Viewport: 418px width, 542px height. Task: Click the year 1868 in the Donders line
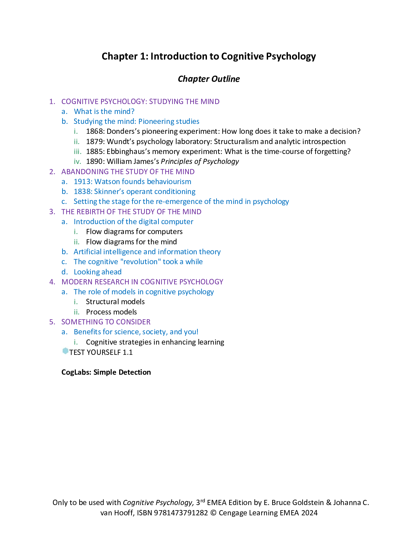click(x=95, y=131)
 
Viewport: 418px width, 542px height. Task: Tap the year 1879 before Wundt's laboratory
click(x=95, y=141)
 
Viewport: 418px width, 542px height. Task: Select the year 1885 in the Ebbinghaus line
click(x=95, y=151)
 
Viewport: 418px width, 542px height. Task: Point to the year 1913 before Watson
click(x=83, y=182)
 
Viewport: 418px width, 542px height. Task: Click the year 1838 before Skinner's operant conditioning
click(x=83, y=192)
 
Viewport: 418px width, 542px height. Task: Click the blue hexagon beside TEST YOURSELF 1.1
click(x=65, y=351)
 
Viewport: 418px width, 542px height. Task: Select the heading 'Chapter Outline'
click(x=209, y=79)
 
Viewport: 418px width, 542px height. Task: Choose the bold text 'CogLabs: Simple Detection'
click(x=106, y=372)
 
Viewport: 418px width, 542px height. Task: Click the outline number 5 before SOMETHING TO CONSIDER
click(x=52, y=322)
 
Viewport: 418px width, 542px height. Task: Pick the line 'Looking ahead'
click(x=98, y=272)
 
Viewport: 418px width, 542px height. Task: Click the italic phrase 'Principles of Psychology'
click(x=200, y=162)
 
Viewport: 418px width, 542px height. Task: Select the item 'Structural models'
click(x=115, y=302)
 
